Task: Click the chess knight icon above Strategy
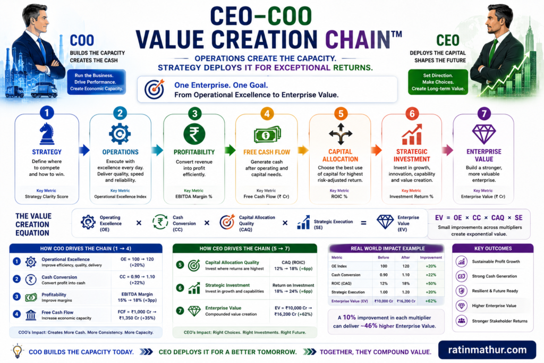pos(47,133)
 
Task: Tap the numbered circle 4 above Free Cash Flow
pos(267,114)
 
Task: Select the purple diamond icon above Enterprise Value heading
pos(484,134)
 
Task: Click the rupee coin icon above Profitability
pos(194,134)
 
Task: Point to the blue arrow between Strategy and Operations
pos(84,150)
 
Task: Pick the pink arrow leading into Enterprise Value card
pos(447,150)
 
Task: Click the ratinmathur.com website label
pos(487,350)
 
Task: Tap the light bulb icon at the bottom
pos(18,350)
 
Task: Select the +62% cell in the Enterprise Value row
pos(430,301)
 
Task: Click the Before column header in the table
pos(384,257)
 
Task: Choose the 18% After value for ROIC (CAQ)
pos(405,283)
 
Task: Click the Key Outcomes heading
pos(493,249)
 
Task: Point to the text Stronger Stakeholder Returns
pos(499,321)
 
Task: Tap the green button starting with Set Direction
pos(438,82)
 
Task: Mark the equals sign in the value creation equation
pos(363,223)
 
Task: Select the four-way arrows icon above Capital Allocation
pos(341,134)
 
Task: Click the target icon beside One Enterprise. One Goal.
pos(155,89)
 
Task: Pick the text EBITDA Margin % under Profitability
pos(193,197)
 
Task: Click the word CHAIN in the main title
pos(358,39)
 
